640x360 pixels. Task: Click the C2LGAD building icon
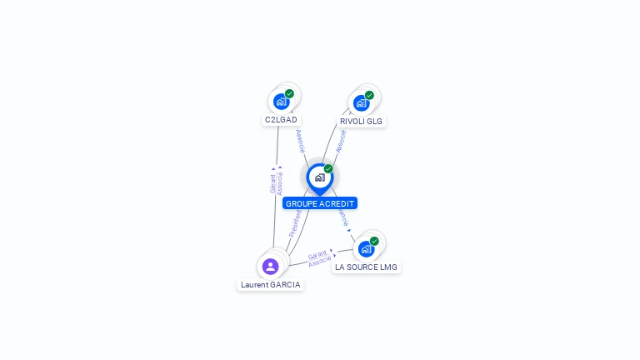click(x=281, y=102)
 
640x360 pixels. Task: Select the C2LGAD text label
click(x=281, y=120)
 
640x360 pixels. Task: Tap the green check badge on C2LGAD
click(x=289, y=93)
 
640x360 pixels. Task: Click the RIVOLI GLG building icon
click(x=361, y=102)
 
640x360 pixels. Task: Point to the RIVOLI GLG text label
click(x=361, y=121)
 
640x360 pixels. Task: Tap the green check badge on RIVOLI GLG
click(x=369, y=95)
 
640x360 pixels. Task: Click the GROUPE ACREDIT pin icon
click(x=319, y=177)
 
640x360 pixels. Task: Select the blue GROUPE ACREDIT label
click(x=320, y=203)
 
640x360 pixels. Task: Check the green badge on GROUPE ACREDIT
click(x=328, y=169)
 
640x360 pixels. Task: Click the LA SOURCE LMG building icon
click(x=366, y=248)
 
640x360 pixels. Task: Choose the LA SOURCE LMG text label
click(x=366, y=267)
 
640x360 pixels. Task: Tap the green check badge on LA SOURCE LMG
click(x=374, y=241)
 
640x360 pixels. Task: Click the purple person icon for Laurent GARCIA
click(x=270, y=267)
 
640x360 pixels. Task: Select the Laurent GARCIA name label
click(x=270, y=285)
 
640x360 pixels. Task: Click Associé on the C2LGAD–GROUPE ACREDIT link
click(x=300, y=140)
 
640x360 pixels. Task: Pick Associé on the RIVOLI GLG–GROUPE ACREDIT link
click(x=340, y=141)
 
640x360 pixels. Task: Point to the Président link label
click(x=294, y=223)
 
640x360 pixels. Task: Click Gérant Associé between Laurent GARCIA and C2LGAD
click(x=276, y=182)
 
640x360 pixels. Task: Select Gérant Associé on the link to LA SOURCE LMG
click(x=318, y=258)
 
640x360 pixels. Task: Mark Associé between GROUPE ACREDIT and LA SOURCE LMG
click(x=342, y=215)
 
